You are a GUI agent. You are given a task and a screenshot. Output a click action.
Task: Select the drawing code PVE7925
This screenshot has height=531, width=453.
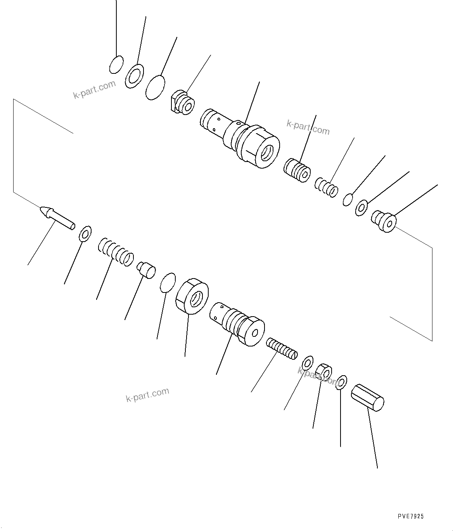[410, 516]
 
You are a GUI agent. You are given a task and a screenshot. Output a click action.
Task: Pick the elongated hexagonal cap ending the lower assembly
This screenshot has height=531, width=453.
[367, 398]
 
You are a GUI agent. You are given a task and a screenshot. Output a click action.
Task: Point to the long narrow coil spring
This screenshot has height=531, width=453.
[282, 348]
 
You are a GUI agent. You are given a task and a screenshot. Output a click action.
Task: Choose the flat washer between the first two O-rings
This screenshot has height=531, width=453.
[134, 76]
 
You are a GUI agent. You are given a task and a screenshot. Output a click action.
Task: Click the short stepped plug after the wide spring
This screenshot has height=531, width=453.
[146, 270]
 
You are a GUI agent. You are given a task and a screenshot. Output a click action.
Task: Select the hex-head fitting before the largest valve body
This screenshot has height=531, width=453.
[182, 103]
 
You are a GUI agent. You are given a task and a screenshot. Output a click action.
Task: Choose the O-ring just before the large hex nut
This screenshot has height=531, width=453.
[168, 282]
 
